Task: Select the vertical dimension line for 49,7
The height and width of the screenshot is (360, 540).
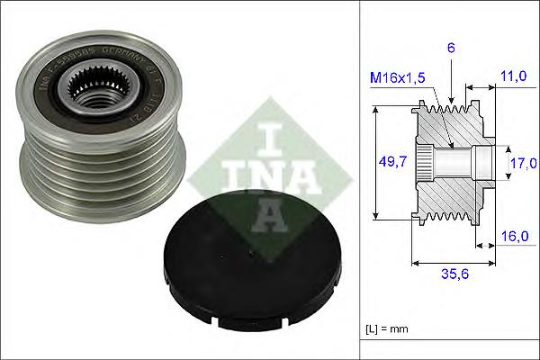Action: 375,163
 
